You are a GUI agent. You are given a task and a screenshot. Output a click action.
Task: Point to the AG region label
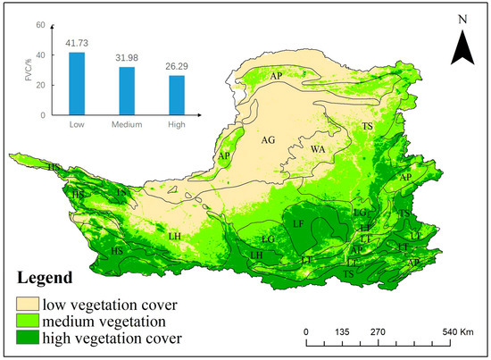267,140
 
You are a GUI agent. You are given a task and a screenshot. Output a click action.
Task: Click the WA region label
317,149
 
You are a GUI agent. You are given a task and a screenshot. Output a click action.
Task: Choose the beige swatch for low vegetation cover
29,301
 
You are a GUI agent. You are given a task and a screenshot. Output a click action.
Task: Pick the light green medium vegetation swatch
29,319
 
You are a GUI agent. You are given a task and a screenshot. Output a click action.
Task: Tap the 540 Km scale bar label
456,331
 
